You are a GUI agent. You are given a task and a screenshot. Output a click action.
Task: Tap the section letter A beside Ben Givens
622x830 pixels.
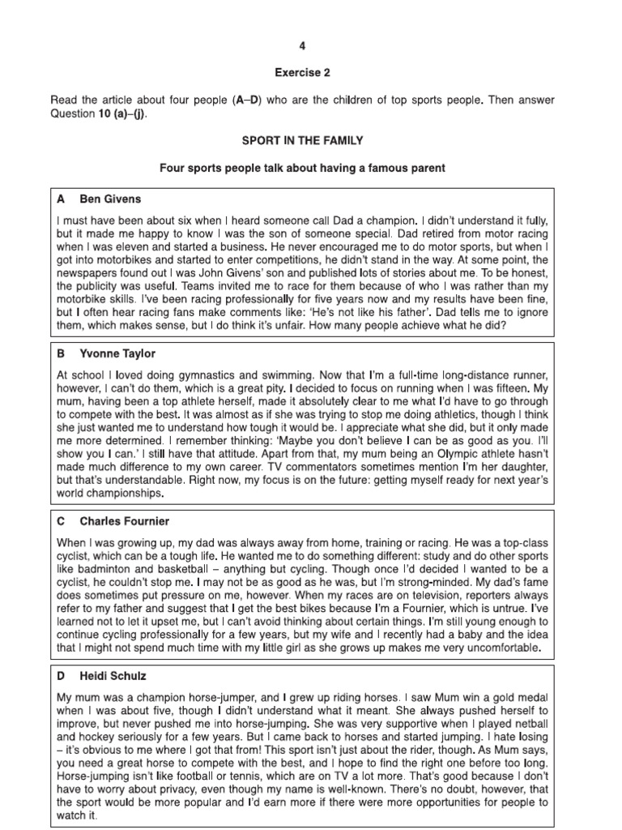tap(61, 198)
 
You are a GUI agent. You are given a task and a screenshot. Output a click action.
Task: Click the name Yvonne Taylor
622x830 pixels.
tap(117, 354)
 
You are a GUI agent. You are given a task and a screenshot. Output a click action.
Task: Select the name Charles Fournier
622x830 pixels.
tap(125, 520)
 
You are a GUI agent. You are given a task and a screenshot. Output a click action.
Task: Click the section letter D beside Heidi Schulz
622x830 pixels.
tap(61, 675)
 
